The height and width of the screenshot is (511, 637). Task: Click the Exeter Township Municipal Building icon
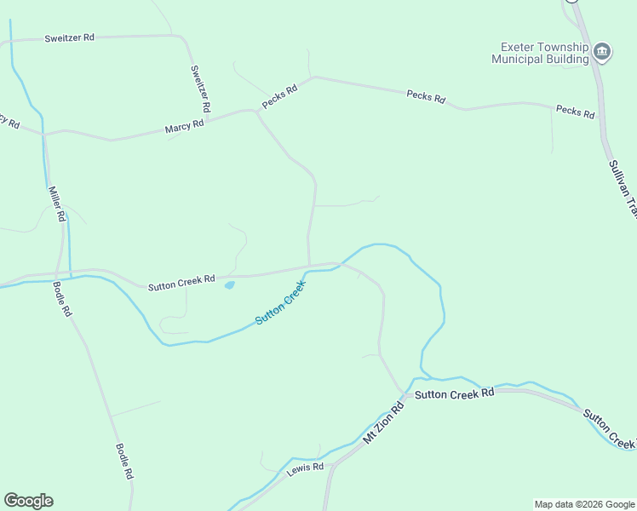tap(602, 52)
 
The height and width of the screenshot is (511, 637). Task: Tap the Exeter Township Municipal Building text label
tap(540, 53)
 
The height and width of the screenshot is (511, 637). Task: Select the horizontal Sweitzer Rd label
tap(46, 39)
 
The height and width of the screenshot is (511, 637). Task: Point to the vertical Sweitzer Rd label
tap(199, 90)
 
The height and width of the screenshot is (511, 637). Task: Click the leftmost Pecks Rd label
tap(279, 95)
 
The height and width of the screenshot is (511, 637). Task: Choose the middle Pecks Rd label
tap(426, 97)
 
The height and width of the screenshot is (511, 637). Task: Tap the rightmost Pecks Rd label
tap(575, 111)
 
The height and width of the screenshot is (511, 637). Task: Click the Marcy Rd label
tap(185, 126)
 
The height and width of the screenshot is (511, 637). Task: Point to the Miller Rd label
tap(56, 204)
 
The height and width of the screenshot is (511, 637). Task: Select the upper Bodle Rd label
tap(62, 299)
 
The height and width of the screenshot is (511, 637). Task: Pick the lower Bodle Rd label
tap(124, 462)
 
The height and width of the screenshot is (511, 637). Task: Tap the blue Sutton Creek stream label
tap(280, 303)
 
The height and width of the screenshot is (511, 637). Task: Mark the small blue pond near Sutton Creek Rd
tap(229, 285)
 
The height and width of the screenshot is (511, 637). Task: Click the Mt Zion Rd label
tap(382, 423)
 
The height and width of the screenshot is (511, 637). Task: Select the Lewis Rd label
tap(305, 468)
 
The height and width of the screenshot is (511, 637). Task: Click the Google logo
tap(28, 501)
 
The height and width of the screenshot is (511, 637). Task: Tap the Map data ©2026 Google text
tap(583, 504)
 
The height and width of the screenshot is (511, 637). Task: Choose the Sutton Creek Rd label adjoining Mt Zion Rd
tap(454, 393)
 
